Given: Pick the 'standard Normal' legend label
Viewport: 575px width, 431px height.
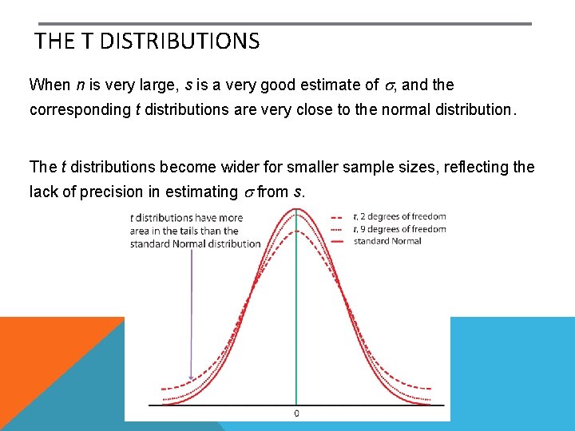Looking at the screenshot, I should coord(387,241).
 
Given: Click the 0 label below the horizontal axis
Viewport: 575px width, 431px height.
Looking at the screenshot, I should coord(297,413).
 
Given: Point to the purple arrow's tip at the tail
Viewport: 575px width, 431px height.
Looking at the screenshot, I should coord(191,380).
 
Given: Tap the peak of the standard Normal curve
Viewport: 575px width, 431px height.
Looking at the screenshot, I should coord(297,209).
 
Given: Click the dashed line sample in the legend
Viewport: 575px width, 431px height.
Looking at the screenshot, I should coord(338,216).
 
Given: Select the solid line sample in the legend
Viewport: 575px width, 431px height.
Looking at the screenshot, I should coord(338,241).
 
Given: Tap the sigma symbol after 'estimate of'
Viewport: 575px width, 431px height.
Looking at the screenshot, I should coord(388,85).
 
